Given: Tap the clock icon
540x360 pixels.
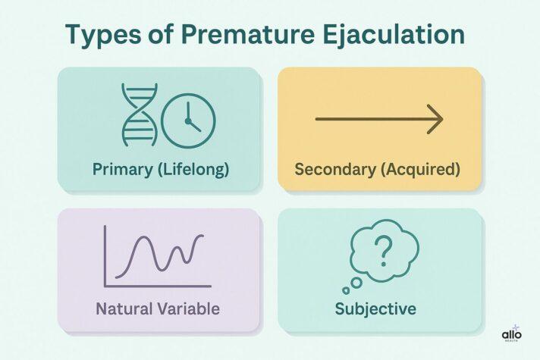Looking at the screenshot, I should (189, 119).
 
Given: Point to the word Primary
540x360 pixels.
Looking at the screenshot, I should (121, 169).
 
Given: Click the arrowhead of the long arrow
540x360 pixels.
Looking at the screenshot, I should (435, 120).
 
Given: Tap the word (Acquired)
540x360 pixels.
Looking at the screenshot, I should (422, 169).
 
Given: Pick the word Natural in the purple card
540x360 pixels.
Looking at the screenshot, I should (123, 308).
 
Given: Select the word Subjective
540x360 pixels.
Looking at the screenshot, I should (377, 309).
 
